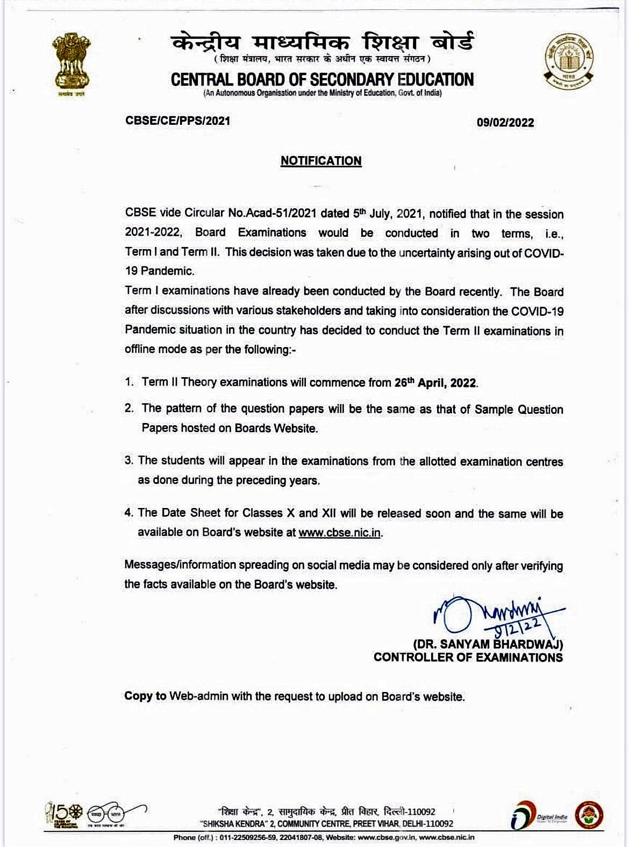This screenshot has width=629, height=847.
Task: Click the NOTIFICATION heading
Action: [321, 161]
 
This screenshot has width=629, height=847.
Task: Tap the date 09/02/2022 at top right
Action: [505, 122]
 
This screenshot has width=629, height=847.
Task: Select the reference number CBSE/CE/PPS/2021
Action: [177, 121]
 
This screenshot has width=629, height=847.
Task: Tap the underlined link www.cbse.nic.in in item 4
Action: [340, 532]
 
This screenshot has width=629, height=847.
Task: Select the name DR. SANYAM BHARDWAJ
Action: [488, 644]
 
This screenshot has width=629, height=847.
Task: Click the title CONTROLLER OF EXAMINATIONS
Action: [468, 657]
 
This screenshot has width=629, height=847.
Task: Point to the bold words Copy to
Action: [145, 696]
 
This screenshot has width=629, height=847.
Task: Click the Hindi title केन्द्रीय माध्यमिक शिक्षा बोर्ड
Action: [323, 42]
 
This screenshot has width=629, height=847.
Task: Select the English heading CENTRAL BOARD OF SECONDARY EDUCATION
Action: [322, 80]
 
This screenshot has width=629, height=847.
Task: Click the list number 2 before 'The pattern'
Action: [128, 408]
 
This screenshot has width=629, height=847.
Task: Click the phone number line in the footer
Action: [324, 837]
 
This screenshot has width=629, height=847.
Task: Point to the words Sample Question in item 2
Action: [519, 410]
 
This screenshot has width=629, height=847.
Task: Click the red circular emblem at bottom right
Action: [590, 814]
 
